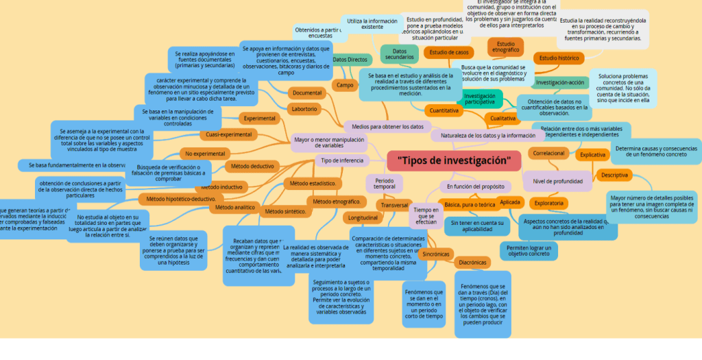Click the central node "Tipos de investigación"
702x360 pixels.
(454, 161)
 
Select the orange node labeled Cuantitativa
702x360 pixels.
(442, 110)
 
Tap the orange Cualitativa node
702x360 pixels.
(503, 118)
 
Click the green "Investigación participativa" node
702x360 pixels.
(480, 99)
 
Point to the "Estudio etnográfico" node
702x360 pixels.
(505, 47)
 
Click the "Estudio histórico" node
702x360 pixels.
(559, 58)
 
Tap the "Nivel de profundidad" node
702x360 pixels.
(557, 181)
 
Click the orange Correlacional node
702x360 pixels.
(548, 153)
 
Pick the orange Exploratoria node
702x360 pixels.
(549, 203)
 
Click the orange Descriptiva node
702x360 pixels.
(614, 175)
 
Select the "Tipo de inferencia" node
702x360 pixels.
(342, 160)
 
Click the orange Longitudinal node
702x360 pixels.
(363, 217)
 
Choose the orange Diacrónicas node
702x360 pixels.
(472, 262)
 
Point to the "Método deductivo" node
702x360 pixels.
(252, 166)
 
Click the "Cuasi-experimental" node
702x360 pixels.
(229, 134)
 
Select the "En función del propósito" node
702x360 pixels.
(475, 186)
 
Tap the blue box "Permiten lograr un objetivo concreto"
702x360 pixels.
(529, 250)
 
